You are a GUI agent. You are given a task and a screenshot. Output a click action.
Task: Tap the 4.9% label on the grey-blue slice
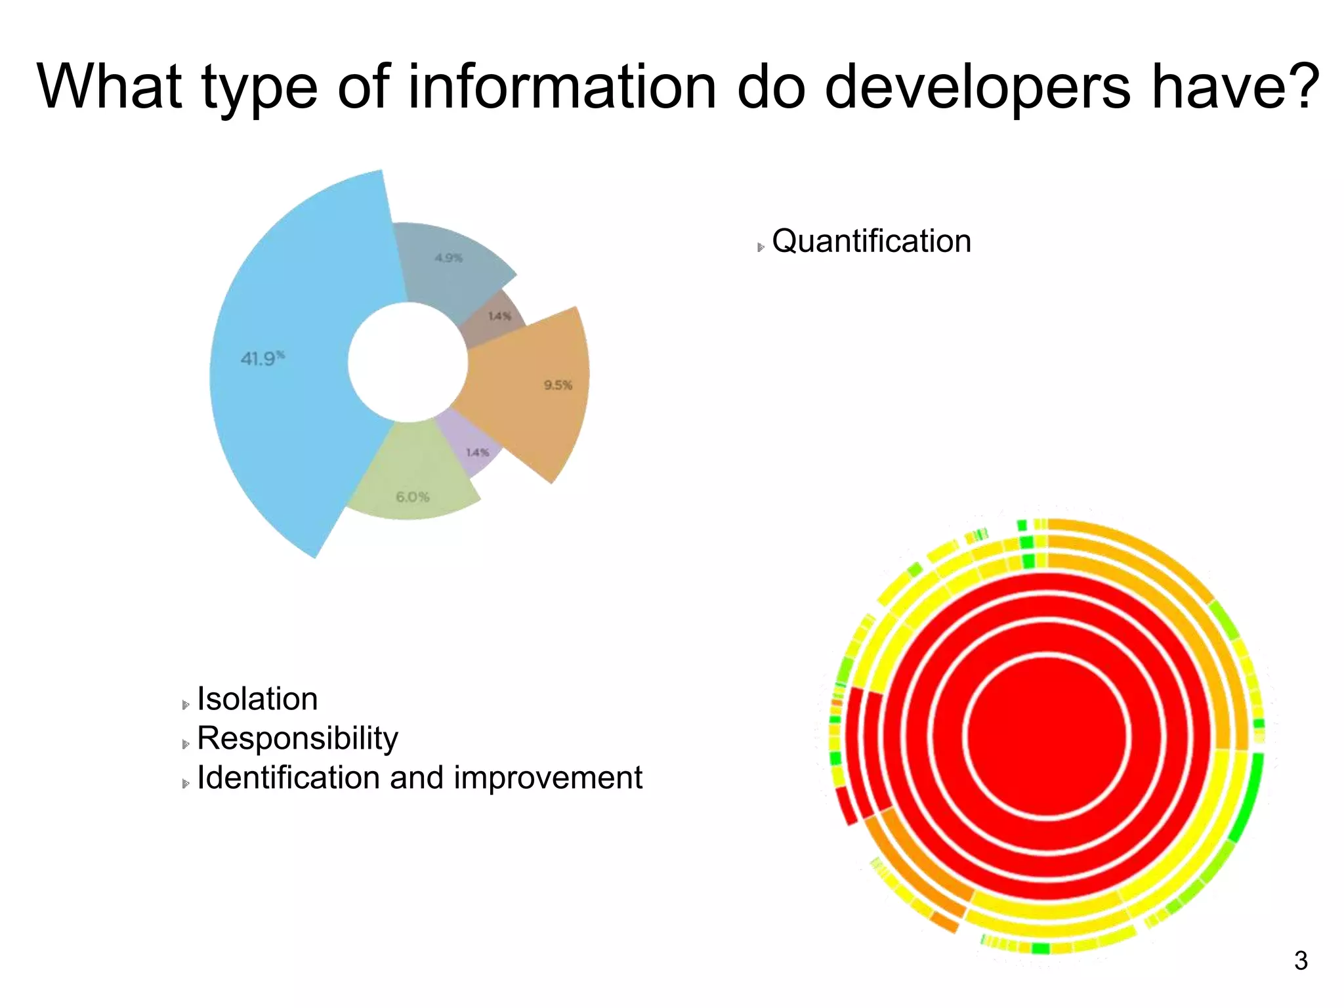(x=449, y=258)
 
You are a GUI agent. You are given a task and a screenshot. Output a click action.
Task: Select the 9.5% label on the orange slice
(x=558, y=385)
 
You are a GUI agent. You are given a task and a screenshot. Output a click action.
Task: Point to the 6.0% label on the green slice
(x=413, y=497)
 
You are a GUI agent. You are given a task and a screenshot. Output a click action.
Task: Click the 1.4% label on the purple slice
(x=478, y=452)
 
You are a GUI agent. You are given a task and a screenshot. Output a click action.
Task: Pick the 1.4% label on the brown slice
(x=499, y=316)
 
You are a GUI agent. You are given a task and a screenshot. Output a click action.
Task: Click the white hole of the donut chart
(x=408, y=362)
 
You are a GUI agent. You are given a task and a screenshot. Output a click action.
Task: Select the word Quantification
(x=871, y=241)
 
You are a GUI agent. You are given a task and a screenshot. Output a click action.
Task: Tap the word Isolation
(x=257, y=699)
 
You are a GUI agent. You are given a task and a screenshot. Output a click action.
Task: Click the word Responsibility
(x=297, y=738)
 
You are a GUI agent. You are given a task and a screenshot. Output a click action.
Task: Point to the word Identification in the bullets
(x=289, y=778)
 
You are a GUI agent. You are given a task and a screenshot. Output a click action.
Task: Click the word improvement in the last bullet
(x=548, y=778)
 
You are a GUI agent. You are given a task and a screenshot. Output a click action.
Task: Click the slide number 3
(x=1301, y=961)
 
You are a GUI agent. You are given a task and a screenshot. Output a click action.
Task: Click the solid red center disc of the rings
(x=1047, y=736)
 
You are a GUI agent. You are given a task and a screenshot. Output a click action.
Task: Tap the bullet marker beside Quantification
(x=761, y=247)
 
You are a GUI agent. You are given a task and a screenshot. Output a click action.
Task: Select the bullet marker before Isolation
(x=186, y=705)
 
